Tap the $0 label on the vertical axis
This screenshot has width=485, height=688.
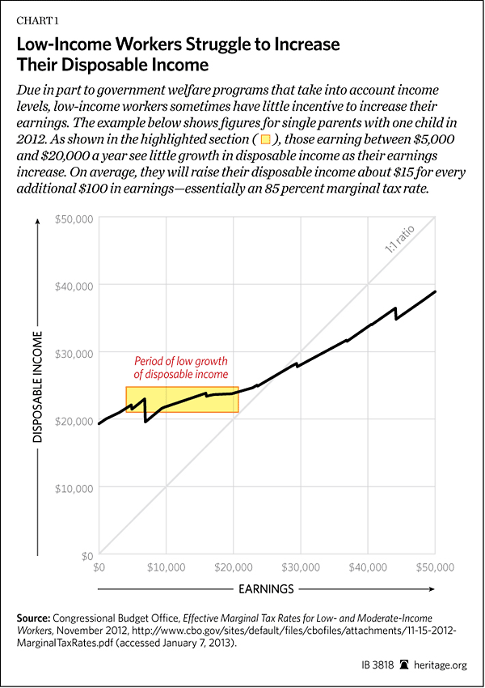tap(85, 556)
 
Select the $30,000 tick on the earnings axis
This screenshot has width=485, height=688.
tap(301, 568)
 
